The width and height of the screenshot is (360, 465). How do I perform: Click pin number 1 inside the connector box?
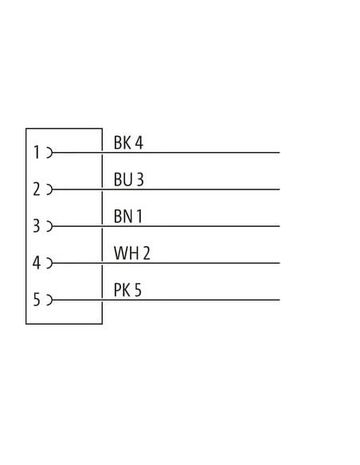(37, 152)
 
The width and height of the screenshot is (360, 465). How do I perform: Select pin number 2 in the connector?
(37, 190)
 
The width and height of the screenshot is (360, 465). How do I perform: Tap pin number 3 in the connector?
(36, 226)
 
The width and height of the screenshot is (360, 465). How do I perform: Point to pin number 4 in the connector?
(37, 263)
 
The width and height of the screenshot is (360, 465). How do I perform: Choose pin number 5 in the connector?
(37, 299)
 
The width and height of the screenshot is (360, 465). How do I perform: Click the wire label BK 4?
(128, 143)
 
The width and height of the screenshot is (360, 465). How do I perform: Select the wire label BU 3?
(129, 179)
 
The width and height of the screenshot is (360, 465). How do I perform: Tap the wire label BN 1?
(128, 217)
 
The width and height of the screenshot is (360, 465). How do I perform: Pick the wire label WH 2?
(132, 253)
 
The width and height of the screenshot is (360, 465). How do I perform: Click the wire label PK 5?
(127, 290)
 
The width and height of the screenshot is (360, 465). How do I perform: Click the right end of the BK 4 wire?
(280, 153)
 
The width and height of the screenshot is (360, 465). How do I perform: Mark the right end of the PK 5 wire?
(280, 300)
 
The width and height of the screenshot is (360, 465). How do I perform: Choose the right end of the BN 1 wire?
(280, 226)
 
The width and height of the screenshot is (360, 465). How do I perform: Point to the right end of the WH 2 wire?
(280, 263)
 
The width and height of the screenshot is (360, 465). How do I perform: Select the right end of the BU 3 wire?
(280, 190)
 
